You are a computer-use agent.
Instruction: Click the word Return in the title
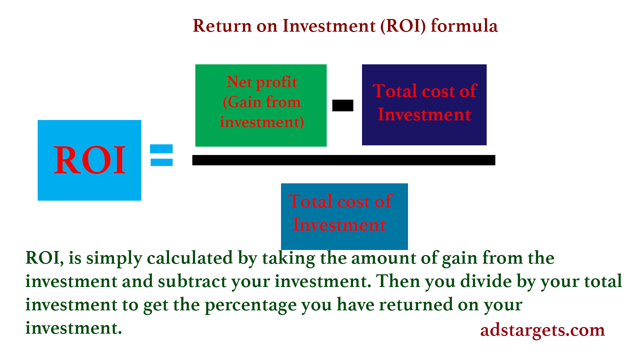point(222,26)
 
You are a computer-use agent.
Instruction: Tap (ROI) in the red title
point(403,26)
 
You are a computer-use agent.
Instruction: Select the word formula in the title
point(464,25)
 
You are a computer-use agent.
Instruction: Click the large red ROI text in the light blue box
point(90,160)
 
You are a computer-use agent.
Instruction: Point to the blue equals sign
point(161,155)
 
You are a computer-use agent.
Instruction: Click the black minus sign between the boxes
point(343,105)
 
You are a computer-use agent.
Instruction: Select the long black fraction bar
point(344,160)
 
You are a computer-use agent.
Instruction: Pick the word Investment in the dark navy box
point(424,114)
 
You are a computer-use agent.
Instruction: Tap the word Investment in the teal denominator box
point(339,225)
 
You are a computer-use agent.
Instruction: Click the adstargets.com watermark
point(542,330)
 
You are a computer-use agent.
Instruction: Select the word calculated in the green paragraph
point(190,258)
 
